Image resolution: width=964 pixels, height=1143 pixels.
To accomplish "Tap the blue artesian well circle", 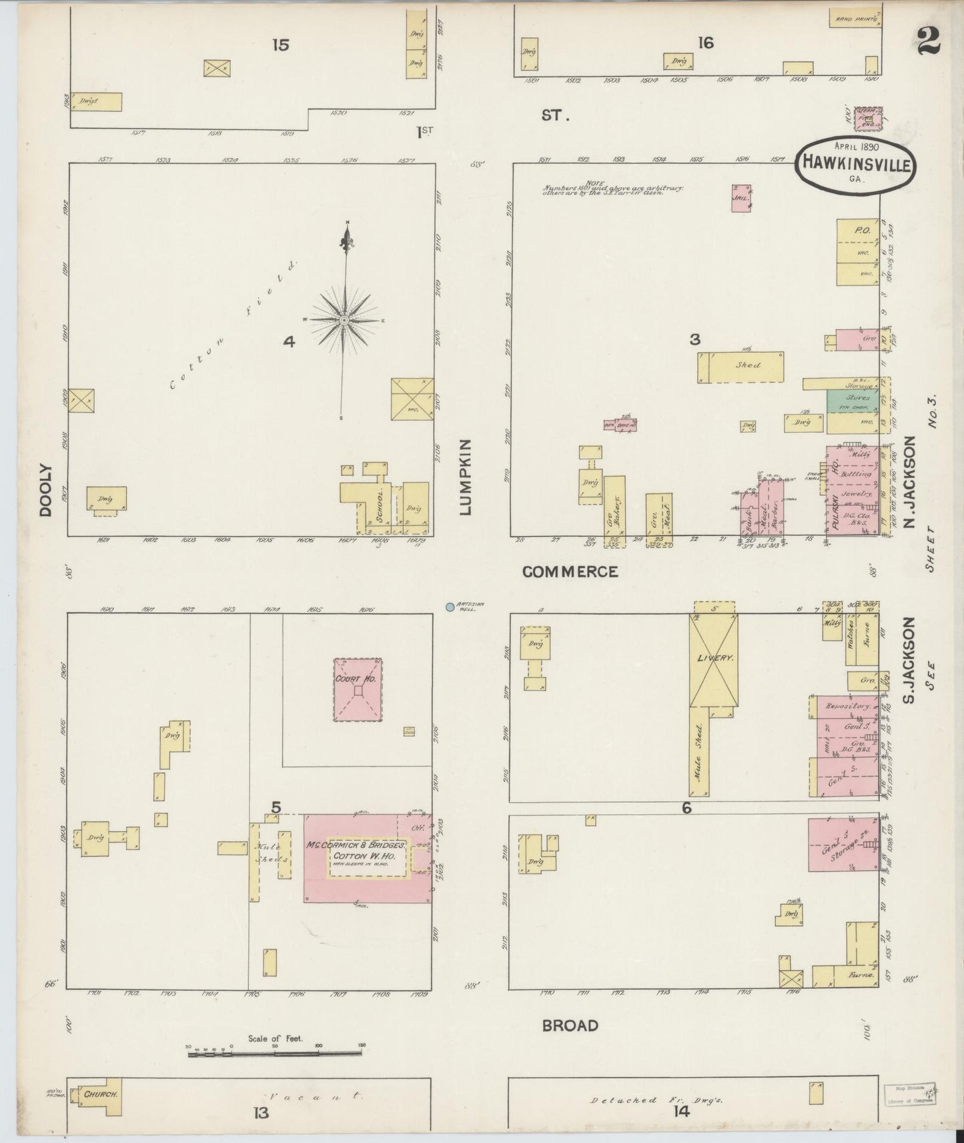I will [450, 607].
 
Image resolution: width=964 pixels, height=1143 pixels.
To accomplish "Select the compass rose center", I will [344, 321].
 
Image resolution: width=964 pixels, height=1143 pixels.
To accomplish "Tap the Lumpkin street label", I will [465, 477].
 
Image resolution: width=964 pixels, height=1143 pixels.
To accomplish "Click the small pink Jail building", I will [741, 198].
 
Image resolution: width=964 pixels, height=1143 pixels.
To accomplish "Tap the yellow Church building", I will [100, 1095].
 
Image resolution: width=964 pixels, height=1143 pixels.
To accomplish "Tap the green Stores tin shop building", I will [852, 399].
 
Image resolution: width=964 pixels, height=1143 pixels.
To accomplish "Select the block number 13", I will [260, 1112].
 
